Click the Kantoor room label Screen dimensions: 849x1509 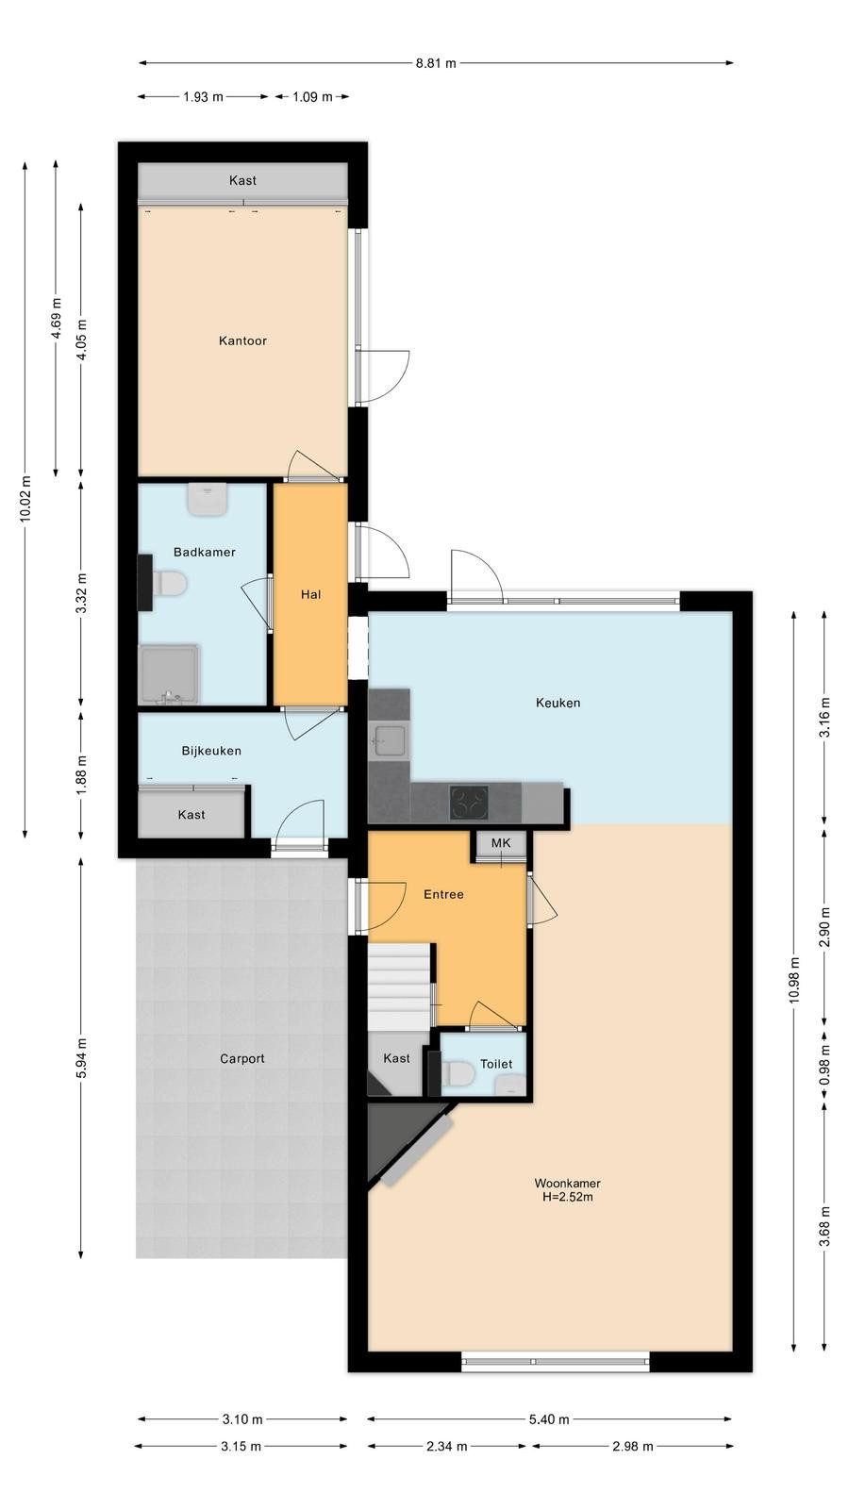coord(242,340)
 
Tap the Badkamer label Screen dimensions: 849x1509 coord(204,553)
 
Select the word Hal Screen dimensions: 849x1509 coord(310,595)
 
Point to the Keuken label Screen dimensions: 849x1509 coord(558,703)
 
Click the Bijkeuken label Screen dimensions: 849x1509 coord(211,751)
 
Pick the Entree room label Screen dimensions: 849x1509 coord(443,895)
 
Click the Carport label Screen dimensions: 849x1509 coord(241,1059)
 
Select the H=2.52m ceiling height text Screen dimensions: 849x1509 coord(567,1197)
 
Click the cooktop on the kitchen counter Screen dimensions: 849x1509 coord(469,803)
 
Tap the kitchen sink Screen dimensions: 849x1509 coord(390,741)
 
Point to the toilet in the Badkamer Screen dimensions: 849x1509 coord(169,584)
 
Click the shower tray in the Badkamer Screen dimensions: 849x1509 coord(169,674)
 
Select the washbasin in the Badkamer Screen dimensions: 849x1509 coord(208,500)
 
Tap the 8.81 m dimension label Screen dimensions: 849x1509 coord(435,63)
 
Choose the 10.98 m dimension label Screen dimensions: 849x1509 coord(795,980)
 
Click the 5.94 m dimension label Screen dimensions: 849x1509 coord(81,1058)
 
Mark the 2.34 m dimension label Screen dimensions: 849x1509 coord(447,1446)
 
